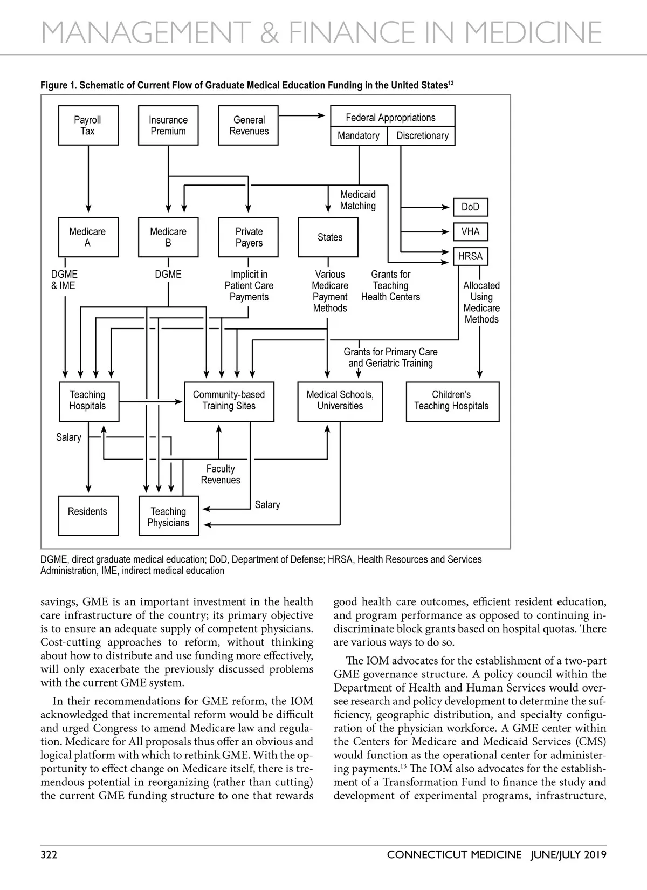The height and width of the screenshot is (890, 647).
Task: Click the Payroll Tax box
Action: click(x=88, y=125)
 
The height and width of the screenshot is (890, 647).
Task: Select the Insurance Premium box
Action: click(x=168, y=125)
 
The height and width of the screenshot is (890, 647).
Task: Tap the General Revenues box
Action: click(x=248, y=125)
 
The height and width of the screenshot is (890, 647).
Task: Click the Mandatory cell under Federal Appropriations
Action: click(x=359, y=136)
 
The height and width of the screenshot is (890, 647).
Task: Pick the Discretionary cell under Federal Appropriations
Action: click(x=422, y=136)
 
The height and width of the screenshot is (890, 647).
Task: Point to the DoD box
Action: click(x=470, y=207)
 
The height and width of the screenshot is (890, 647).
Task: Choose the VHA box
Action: click(x=470, y=232)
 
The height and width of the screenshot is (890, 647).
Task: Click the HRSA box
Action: click(x=470, y=257)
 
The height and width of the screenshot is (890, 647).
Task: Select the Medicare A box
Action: click(x=88, y=237)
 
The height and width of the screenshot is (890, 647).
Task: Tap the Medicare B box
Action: click(x=168, y=237)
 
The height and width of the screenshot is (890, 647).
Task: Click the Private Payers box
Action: click(x=248, y=237)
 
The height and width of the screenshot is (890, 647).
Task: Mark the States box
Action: click(x=328, y=237)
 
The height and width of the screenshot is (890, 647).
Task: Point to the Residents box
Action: click(x=88, y=515)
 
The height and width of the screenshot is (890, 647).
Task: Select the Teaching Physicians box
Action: click(x=169, y=516)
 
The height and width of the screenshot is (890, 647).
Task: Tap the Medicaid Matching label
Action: click(x=358, y=200)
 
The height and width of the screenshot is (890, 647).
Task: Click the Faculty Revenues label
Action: click(x=221, y=475)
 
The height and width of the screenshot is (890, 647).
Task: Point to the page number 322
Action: click(x=49, y=854)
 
